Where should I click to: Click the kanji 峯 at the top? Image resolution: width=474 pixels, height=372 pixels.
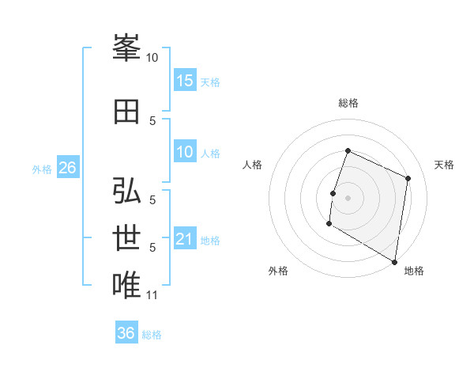[x=126, y=48]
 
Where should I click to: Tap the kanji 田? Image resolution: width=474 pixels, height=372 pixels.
[x=126, y=112]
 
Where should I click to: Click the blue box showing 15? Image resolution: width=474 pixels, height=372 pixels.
[x=185, y=81]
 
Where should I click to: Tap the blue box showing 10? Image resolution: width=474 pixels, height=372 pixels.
[x=185, y=152]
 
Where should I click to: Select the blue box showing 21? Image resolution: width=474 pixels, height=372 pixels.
[x=185, y=239]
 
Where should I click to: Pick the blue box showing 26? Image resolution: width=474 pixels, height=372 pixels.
[x=67, y=168]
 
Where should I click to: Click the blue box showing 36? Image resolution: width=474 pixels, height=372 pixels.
[x=126, y=333]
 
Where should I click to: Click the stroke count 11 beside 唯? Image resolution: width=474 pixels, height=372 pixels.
[x=152, y=295]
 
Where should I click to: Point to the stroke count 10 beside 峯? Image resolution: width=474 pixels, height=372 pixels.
[x=152, y=57]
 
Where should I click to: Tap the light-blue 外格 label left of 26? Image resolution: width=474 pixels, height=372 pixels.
[x=42, y=169]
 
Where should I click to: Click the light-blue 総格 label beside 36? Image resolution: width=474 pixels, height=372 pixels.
[x=152, y=334]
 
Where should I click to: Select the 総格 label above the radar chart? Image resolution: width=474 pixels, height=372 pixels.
[x=348, y=103]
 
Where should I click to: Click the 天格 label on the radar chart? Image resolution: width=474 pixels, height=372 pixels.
[x=444, y=165]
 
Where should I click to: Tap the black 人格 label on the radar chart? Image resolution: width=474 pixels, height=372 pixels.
[x=253, y=165]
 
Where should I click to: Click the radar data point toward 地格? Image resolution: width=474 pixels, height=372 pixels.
[x=394, y=261]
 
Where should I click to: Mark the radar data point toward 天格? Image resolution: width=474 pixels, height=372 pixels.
[x=408, y=178]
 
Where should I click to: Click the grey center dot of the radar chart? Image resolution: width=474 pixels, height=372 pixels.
[x=348, y=197]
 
